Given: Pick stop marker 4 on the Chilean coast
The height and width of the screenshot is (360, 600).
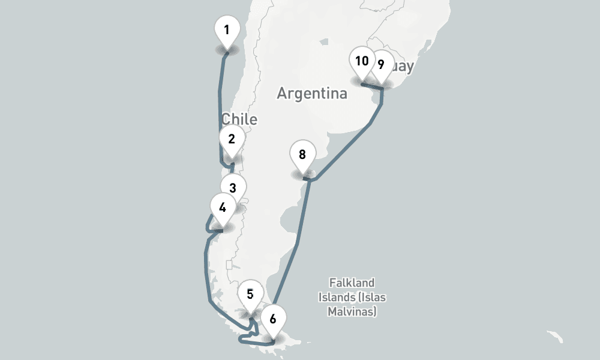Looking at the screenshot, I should pos(223,208).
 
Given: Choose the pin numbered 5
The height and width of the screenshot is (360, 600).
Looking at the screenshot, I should pos(250,295).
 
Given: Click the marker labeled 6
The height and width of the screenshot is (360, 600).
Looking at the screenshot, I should pos(273,319).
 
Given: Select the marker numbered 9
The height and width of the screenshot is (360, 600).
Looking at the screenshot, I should pos(381,65).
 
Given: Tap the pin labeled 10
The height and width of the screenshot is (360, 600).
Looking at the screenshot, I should pos(362,61).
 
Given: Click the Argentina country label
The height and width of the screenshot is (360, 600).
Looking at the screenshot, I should pos(312,94).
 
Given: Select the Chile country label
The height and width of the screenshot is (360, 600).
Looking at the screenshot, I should pos(239,119).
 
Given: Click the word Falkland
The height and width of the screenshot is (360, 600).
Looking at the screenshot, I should pos(352,283).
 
